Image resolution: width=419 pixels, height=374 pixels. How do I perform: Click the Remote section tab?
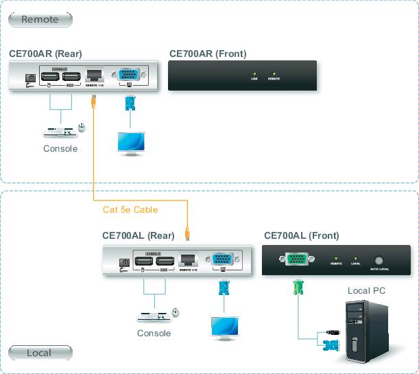tap(40, 19)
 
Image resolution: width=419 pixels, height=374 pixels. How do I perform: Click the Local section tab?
tap(40, 353)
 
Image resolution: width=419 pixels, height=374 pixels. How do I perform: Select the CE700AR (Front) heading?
tap(208, 54)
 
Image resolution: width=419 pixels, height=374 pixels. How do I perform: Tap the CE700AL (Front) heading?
tap(301, 235)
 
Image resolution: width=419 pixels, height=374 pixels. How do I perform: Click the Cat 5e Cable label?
tap(130, 209)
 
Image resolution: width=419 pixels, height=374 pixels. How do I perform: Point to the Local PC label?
tap(366, 290)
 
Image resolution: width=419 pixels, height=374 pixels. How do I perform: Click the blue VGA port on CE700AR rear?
tap(128, 75)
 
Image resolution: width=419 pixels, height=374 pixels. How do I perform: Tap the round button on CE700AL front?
tap(379, 260)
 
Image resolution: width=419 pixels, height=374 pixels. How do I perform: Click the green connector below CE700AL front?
tap(297, 287)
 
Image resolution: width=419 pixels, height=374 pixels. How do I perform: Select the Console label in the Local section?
tap(154, 334)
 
